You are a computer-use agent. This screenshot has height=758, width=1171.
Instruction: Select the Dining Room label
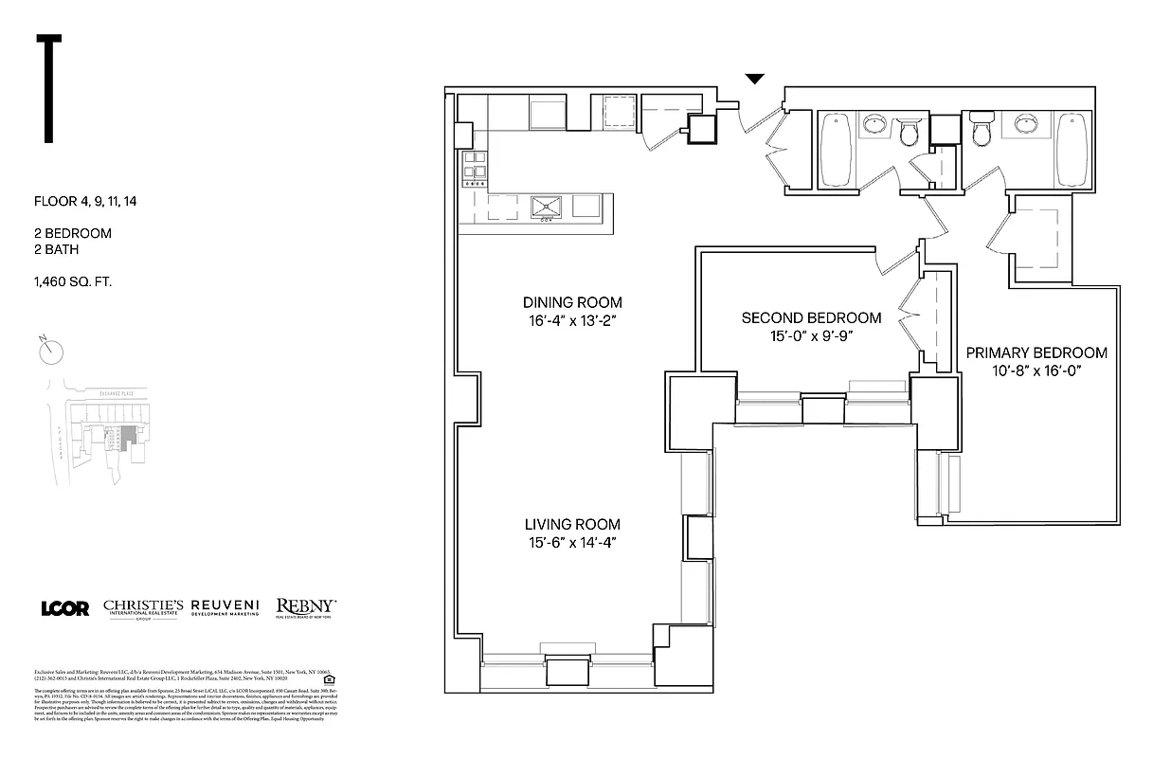coord(572,302)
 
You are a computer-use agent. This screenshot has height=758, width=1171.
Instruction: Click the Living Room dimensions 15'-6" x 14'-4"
coord(572,542)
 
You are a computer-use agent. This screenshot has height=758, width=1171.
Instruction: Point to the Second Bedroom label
coord(811,317)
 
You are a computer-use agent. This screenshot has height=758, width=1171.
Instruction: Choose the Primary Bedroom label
coord(1036,352)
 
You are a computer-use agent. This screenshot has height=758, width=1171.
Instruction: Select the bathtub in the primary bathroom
coord(1072,149)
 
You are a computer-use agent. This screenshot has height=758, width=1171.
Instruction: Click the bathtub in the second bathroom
coord(836,150)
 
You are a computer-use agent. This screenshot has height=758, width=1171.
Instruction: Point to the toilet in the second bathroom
coord(910,133)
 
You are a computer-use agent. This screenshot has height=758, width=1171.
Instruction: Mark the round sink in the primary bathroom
coord(1023,123)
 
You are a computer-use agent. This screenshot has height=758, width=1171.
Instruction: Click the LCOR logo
coord(65,608)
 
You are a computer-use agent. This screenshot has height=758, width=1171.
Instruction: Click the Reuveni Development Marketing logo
coord(227,607)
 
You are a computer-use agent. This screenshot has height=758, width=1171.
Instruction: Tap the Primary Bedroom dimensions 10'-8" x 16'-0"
coord(1036,370)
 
